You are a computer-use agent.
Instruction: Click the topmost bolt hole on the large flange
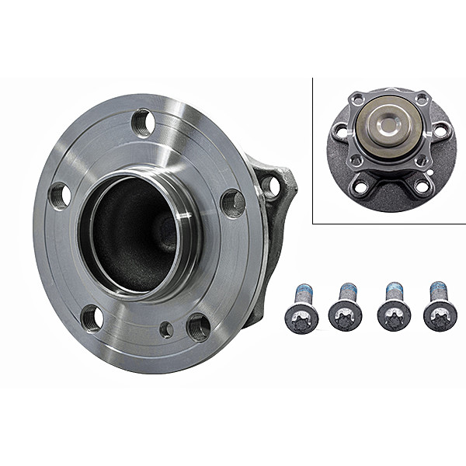click(x=142, y=122)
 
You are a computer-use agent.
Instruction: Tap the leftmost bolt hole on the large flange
click(x=61, y=195)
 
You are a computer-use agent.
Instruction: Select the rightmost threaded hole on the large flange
click(x=233, y=203)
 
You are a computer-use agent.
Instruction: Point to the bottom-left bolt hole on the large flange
click(x=92, y=317)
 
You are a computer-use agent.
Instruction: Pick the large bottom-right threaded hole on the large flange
click(x=199, y=326)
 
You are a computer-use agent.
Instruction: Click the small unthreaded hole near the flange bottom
click(x=166, y=329)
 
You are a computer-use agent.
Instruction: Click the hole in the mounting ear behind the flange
click(x=270, y=185)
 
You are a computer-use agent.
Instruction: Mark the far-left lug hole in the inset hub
click(x=339, y=130)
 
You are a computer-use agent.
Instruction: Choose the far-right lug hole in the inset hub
click(x=440, y=130)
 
